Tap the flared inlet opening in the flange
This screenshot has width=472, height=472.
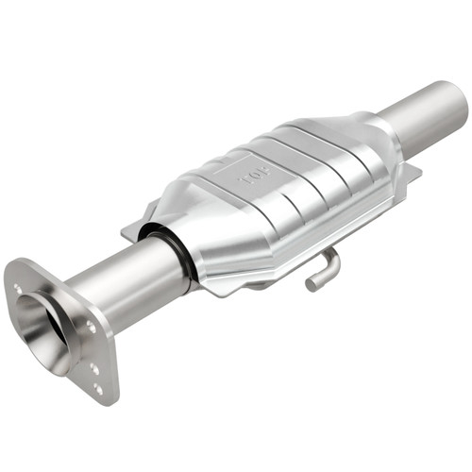(x=42, y=320)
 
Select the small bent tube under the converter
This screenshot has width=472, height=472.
(x=321, y=271)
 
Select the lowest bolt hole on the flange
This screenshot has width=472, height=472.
(x=98, y=387)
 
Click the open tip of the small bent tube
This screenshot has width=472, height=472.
(x=311, y=283)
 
